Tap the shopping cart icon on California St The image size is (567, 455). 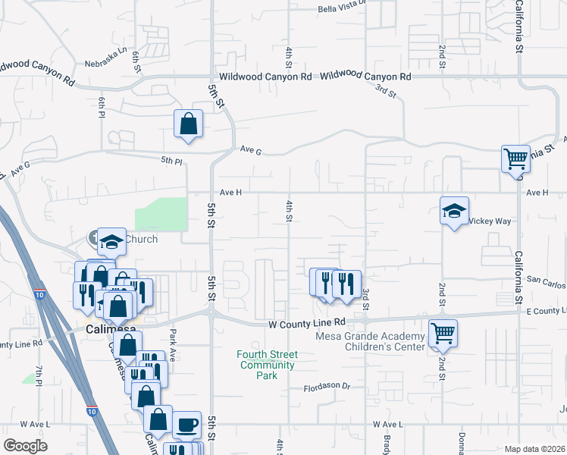[515, 159]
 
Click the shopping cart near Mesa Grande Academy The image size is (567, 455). [443, 333]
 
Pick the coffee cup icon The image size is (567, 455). [186, 425]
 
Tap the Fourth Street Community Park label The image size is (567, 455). [267, 365]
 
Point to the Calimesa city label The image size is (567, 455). [111, 330]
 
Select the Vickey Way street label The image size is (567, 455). [490, 221]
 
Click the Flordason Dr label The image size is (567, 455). [327, 386]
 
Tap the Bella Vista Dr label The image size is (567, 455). [342, 9]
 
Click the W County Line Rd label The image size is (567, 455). [307, 323]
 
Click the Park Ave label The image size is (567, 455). [173, 346]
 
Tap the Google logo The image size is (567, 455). [25, 446]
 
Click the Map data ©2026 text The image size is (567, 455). [534, 449]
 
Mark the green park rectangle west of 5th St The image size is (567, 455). [161, 213]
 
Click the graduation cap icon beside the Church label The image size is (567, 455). [111, 242]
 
